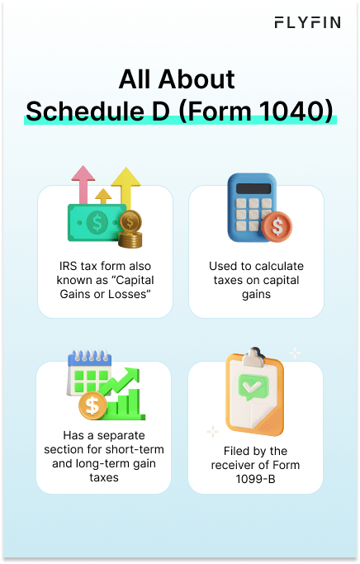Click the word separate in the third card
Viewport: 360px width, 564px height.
118,434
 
